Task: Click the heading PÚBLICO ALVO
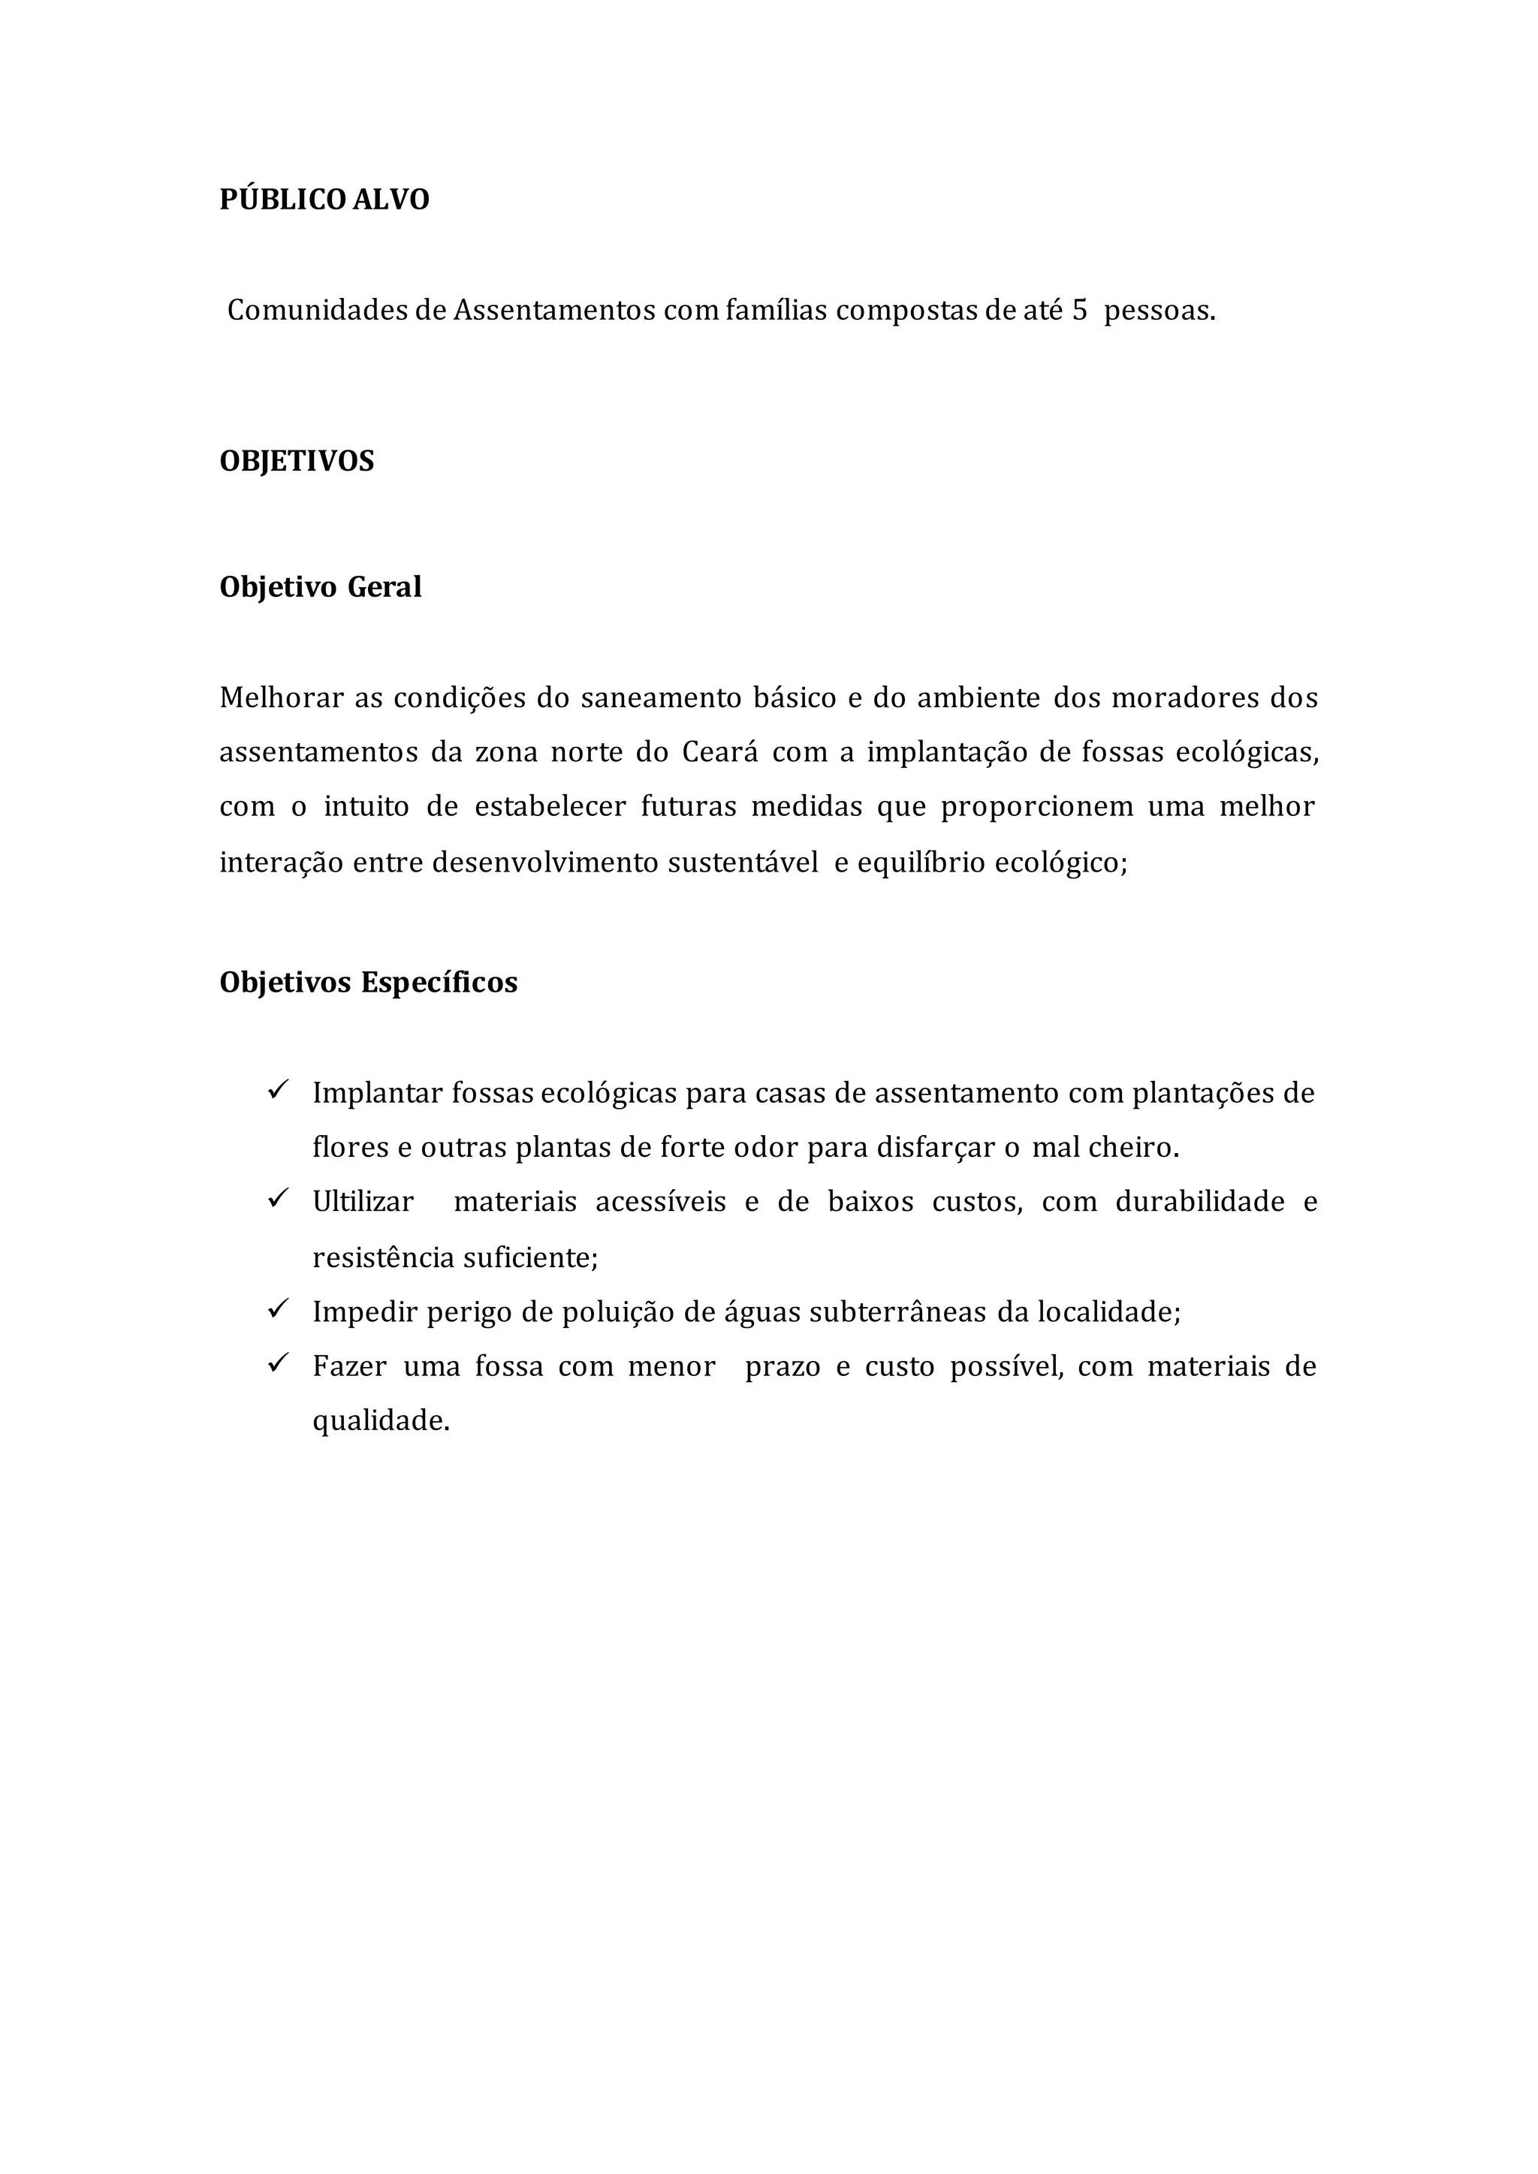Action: click(324, 200)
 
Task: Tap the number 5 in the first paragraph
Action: click(1080, 311)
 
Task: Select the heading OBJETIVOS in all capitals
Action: click(297, 461)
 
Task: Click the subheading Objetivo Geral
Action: click(320, 587)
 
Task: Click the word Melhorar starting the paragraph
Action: click(282, 698)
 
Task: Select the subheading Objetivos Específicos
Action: click(369, 983)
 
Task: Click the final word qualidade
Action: click(380, 1421)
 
